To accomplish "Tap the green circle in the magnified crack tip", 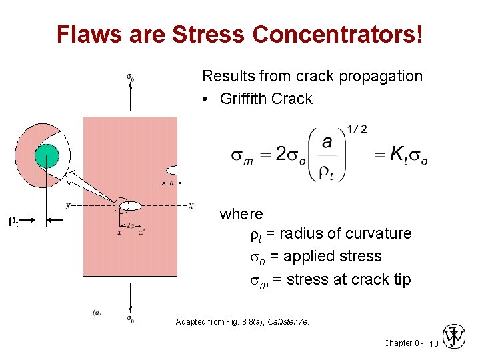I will (x=46, y=157).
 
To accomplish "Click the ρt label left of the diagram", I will (x=13, y=221).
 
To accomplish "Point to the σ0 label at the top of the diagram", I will (x=130, y=77).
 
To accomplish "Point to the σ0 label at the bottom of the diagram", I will (x=130, y=319).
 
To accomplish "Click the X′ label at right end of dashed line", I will (x=192, y=206).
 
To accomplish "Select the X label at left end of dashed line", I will (x=69, y=206).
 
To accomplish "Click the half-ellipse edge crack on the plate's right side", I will (x=171, y=169).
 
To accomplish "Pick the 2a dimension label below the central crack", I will (x=129, y=225).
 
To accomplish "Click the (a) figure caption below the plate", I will (x=97, y=311).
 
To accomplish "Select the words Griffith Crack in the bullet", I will (x=266, y=99).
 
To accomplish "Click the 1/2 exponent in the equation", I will (x=357, y=129).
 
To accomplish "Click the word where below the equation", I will (x=241, y=214).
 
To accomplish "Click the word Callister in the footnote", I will (x=281, y=322).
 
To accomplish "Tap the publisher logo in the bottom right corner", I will (x=455, y=337).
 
